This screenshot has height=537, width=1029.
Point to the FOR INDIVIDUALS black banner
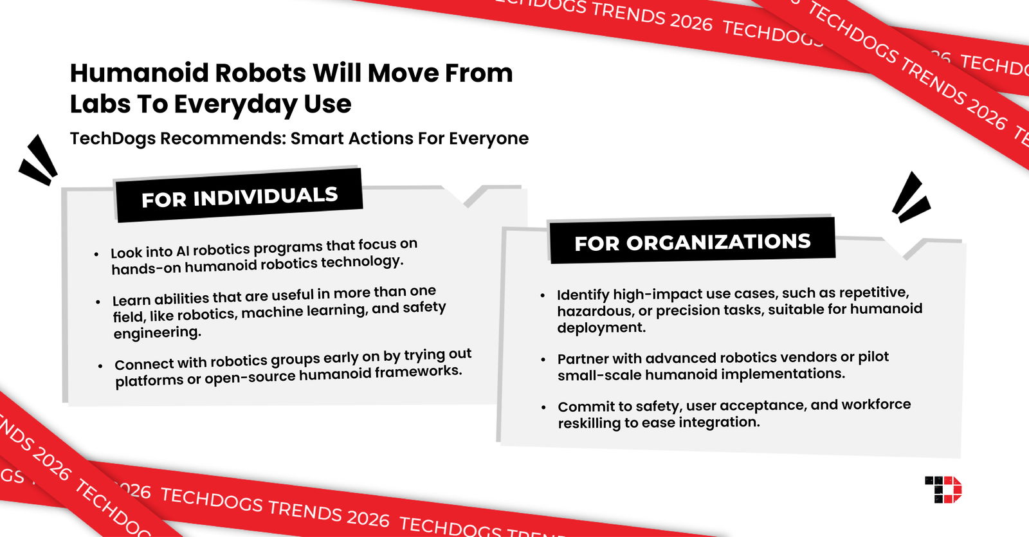[239, 196]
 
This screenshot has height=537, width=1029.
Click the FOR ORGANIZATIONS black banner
[692, 242]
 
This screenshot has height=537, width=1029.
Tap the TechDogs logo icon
[943, 490]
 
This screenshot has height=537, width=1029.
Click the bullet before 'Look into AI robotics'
[96, 255]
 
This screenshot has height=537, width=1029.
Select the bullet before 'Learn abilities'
[98, 302]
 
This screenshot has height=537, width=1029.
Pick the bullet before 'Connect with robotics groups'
[100, 366]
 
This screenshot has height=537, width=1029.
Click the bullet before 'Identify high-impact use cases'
[543, 296]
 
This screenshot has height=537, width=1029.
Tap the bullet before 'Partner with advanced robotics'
[543, 360]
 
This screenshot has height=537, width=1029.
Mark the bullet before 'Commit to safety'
[544, 407]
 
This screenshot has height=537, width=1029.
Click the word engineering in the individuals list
[157, 333]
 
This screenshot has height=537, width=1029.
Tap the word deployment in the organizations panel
[601, 328]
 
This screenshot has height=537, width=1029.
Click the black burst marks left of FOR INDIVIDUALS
[39, 160]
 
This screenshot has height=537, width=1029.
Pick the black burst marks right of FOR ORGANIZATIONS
[911, 197]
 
